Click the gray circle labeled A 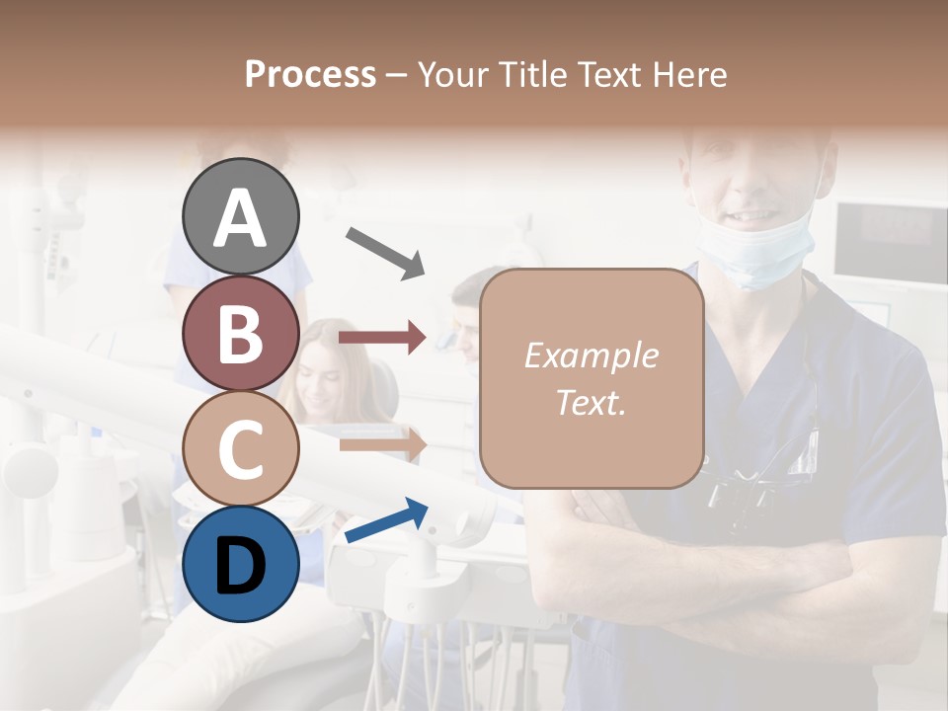pos(241,216)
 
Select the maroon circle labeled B pos(241,333)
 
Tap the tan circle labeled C pos(241,448)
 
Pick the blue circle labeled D pos(241,564)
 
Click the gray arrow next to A pos(385,252)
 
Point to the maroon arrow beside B pos(382,338)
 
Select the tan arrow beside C pos(382,444)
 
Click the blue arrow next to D pos(386,521)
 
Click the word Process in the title pos(310,74)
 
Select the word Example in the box pos(591,355)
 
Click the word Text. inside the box pos(591,402)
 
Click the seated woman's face pos(323,370)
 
